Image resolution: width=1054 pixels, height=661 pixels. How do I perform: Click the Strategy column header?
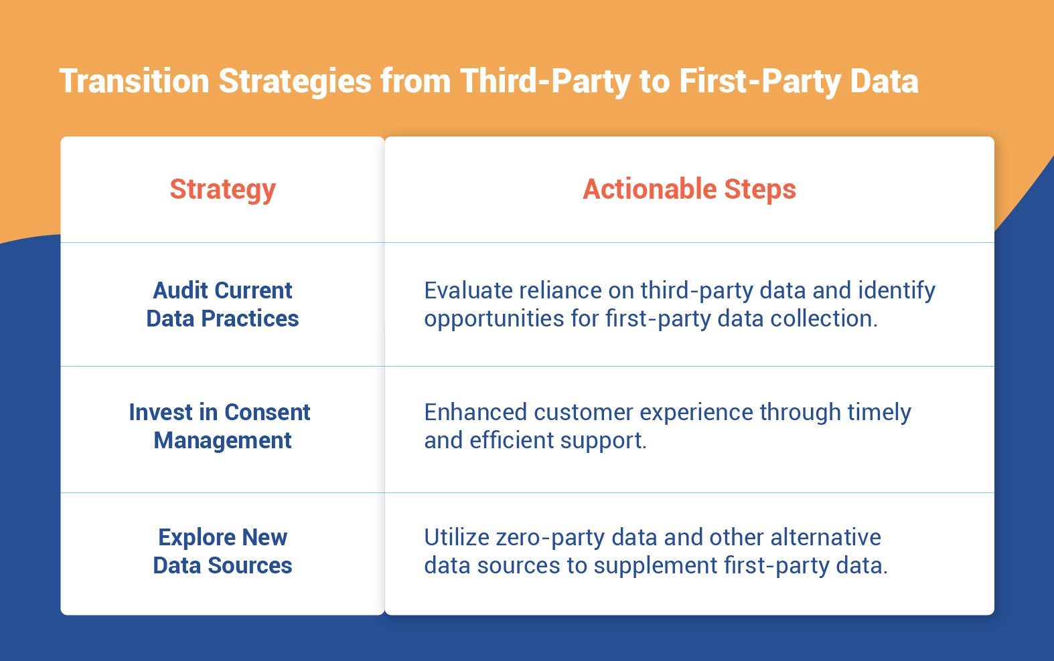pos(222,189)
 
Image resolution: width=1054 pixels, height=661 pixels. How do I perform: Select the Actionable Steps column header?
pos(689,189)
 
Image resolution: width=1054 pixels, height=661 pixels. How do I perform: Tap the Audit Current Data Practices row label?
pos(222,304)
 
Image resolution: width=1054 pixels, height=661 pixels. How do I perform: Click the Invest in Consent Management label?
pos(220,426)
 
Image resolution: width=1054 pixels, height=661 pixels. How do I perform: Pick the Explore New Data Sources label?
pos(222,551)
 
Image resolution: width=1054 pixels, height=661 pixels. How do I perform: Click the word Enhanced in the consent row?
pos(475,412)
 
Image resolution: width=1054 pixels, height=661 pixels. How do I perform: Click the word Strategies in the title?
pos(295,81)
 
